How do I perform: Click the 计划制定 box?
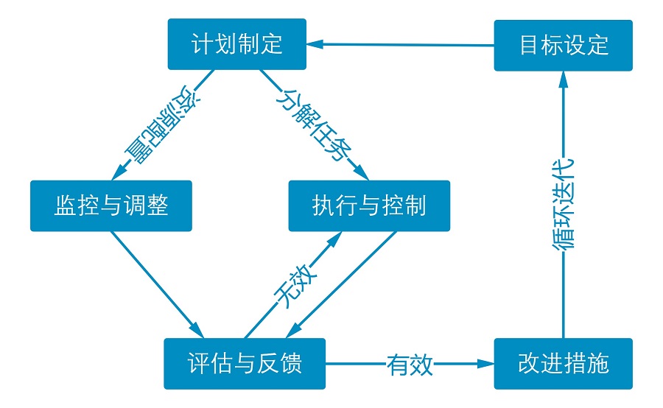point(236,44)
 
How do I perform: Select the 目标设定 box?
point(563,46)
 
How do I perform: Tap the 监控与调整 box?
point(110,205)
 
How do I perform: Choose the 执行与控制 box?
point(369,205)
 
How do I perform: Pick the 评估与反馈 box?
point(245,364)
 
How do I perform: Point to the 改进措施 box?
point(563,364)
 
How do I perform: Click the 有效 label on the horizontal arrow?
point(410,364)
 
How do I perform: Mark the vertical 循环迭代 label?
point(564,204)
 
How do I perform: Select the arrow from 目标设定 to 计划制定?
point(398,45)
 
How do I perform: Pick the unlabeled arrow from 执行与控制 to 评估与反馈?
point(346,284)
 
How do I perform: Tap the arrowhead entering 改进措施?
point(486,364)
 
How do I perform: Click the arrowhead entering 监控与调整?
point(116,174)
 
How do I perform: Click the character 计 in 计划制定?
point(201,44)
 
